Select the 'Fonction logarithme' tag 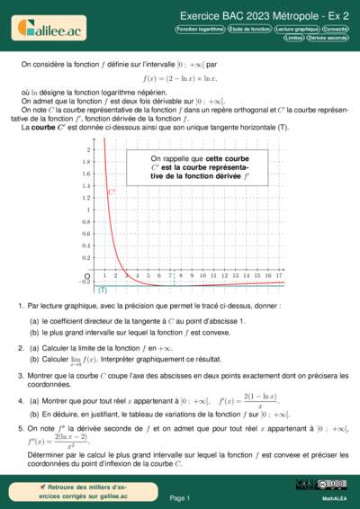point(200,30)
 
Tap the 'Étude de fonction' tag point(249,30)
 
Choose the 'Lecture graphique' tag point(296,30)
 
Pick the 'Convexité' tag point(336,30)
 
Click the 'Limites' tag point(293,39)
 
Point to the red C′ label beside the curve point(112,192)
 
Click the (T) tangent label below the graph point(103,290)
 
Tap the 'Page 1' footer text point(180,497)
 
